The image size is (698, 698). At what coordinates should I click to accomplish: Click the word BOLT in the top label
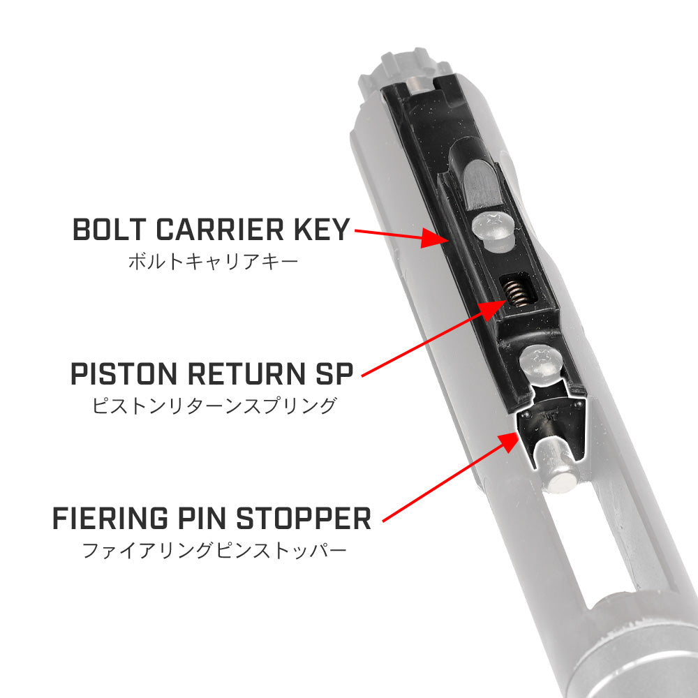coord(110,230)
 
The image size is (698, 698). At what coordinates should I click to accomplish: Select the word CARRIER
coord(220,230)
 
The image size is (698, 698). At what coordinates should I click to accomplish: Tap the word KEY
coord(322,230)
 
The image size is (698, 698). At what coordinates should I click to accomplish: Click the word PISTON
coord(124,373)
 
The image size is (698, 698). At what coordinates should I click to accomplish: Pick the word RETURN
coord(246,373)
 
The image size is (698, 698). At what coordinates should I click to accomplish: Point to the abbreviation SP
coord(334,373)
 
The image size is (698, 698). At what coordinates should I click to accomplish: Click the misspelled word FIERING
coord(110,518)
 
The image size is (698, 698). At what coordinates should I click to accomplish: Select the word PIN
coord(202,518)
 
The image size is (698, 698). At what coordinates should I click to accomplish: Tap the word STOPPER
coord(304,518)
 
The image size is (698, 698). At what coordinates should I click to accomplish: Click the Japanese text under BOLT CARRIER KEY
coord(213,261)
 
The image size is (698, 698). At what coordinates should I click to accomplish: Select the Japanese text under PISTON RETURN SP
coord(214,406)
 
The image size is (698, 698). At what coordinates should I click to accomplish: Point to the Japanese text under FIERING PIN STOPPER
coord(214,550)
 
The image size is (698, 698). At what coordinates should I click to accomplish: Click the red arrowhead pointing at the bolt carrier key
coord(434,238)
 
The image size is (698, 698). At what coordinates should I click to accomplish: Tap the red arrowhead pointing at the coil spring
coord(493,309)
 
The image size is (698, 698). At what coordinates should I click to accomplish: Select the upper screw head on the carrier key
coord(493,231)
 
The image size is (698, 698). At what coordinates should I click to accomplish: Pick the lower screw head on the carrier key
coord(542,364)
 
